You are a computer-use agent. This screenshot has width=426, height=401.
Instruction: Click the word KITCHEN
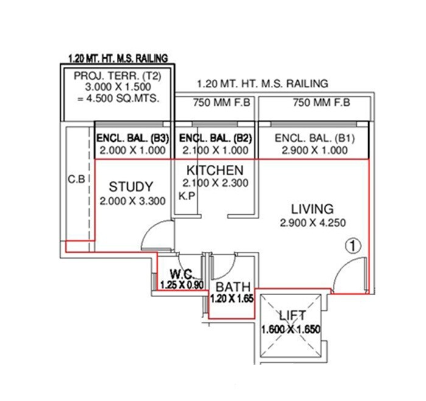[215, 170]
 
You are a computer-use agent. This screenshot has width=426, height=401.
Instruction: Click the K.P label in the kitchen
[184, 196]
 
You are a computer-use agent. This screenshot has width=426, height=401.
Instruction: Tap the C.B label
[77, 181]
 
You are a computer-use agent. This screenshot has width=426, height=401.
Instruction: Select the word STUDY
[131, 186]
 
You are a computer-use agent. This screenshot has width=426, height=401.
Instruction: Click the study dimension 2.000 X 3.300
[133, 201]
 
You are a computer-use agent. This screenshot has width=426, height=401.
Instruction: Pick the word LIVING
[312, 208]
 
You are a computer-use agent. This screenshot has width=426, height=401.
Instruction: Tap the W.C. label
[181, 273]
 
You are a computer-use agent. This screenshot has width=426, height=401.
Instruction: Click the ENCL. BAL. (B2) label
[215, 138]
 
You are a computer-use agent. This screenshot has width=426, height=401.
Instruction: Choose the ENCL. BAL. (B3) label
[133, 138]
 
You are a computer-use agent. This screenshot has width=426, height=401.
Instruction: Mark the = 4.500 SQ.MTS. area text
[117, 99]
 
